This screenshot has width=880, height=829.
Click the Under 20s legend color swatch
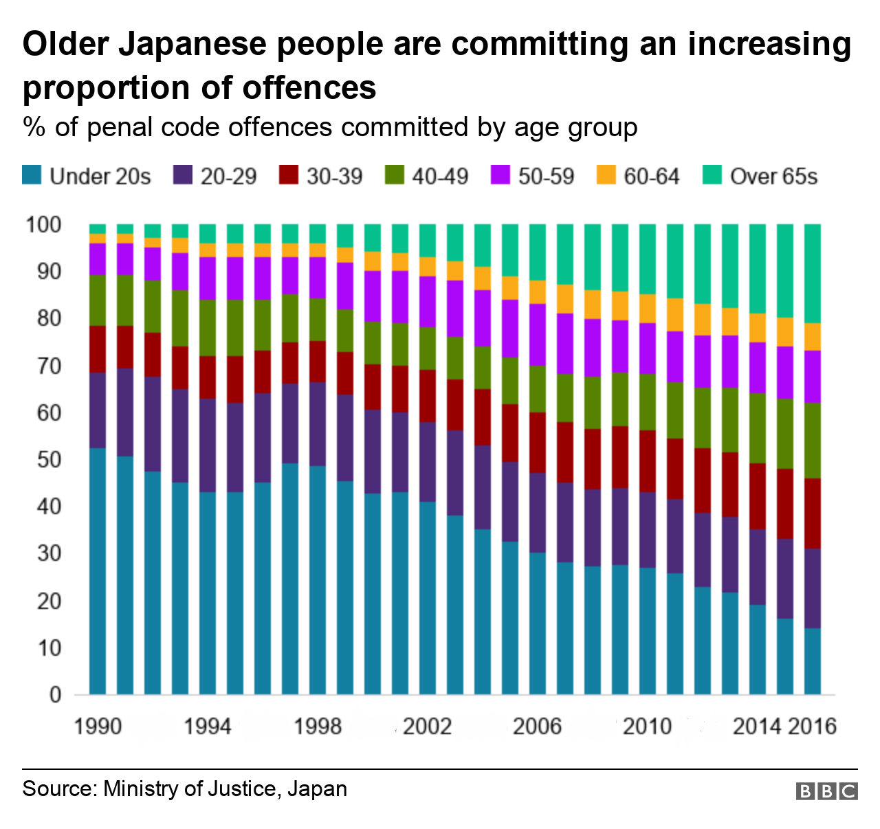pos(32,175)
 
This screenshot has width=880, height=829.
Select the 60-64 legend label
pos(651,177)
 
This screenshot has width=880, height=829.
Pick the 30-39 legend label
pos(334,177)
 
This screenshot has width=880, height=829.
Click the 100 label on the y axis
pos(43,225)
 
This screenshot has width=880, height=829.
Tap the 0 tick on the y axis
pos(55,695)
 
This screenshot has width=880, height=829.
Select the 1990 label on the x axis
pos(98,727)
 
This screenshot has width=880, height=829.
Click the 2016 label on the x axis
pos(813,727)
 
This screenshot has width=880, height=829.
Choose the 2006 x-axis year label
pos(537,727)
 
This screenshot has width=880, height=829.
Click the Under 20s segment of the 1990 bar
pos(98,571)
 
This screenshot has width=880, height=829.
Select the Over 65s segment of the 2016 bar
pos(813,273)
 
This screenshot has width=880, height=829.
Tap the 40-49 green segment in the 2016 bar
pos(813,440)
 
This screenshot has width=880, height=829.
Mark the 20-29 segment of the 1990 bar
pos(98,410)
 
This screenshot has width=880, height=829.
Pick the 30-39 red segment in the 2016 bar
pos(813,513)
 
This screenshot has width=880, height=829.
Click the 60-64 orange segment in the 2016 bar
pos(813,336)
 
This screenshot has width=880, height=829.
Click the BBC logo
pos(826,791)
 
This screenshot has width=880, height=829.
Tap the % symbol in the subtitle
pos(34,128)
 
